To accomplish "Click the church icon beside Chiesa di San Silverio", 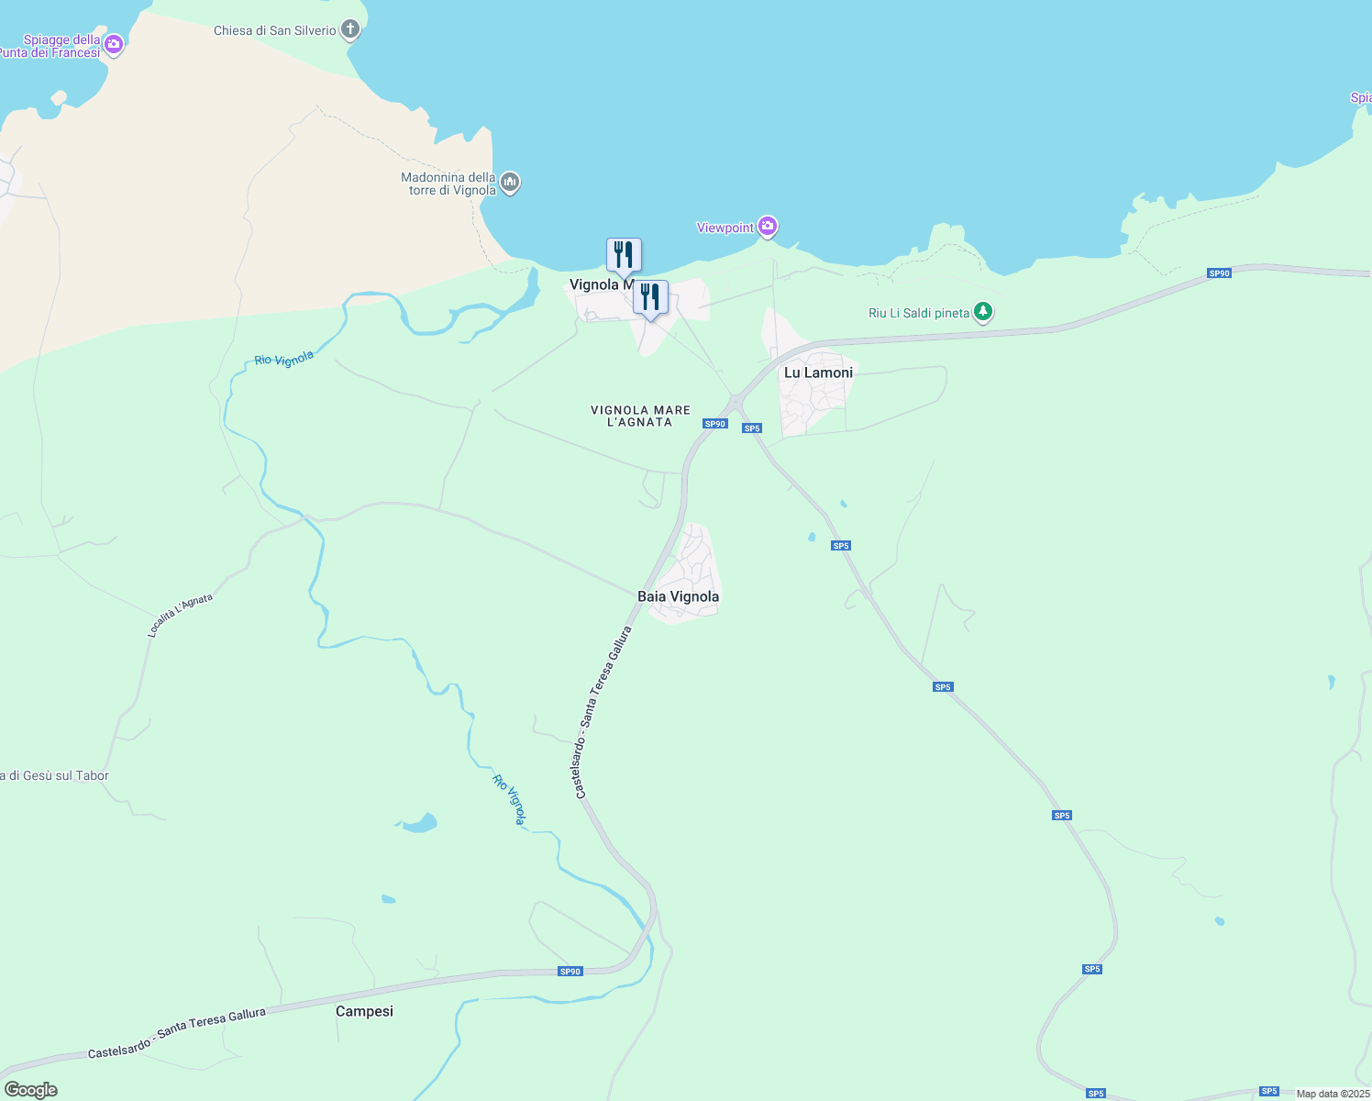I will (x=349, y=30).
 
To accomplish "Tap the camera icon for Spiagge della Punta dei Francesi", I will (x=114, y=45).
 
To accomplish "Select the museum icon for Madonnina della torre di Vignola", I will (x=511, y=183).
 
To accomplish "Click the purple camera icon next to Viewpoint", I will (x=768, y=227).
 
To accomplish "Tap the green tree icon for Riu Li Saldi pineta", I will (x=983, y=313).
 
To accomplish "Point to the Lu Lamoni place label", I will (x=818, y=373).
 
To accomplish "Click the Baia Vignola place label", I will (x=678, y=596).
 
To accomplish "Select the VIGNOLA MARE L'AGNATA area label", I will (x=640, y=417).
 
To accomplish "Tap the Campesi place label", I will (x=364, y=1011).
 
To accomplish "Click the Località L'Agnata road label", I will (x=180, y=615).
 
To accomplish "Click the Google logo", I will (x=30, y=1090).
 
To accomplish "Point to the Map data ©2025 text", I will (x=1333, y=1094).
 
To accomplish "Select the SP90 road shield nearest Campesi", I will (x=570, y=972).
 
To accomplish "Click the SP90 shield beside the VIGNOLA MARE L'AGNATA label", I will (x=714, y=424).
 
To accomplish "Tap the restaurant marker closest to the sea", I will (x=624, y=255).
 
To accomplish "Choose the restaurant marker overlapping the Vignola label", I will (x=650, y=298).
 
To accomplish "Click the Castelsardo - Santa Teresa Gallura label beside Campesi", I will (x=177, y=1033).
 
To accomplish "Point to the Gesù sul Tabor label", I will (x=55, y=776).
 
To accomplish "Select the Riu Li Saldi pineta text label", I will (x=919, y=313).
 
